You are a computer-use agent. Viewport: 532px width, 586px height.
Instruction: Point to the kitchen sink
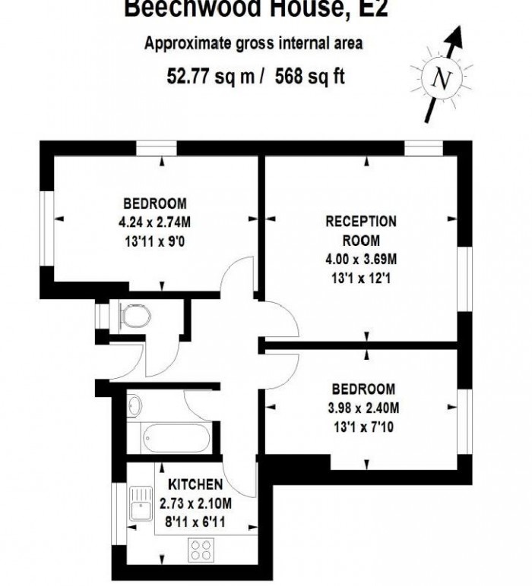point(140,505)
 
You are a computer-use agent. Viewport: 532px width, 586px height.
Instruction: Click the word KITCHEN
point(195,485)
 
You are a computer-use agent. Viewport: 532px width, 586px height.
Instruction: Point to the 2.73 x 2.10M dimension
point(195,503)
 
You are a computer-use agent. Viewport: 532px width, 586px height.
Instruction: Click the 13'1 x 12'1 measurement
point(361,277)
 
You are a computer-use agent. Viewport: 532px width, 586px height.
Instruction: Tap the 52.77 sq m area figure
point(210,76)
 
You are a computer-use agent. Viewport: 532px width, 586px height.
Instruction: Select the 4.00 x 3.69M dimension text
point(361,260)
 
